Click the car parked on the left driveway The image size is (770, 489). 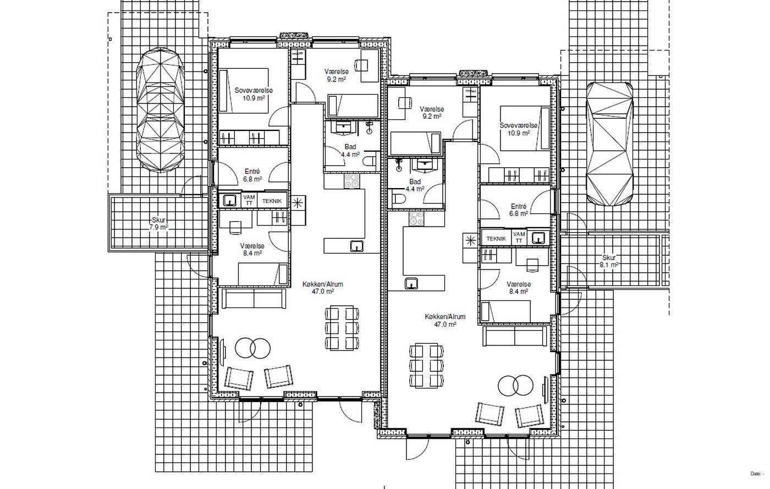[160, 110]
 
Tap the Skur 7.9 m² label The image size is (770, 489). [159, 223]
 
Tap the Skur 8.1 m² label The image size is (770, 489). [609, 261]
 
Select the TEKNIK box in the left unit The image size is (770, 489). [272, 201]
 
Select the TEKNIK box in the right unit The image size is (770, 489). [496, 239]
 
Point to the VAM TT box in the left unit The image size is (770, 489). [249, 200]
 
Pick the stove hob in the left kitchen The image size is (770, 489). [351, 181]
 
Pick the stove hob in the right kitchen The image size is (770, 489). [416, 219]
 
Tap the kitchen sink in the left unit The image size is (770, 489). [357, 246]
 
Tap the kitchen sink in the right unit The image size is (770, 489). [411, 283]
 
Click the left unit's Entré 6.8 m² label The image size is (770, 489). [252, 175]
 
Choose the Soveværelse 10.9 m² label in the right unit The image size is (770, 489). [518, 129]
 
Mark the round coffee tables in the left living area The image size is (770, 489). [252, 348]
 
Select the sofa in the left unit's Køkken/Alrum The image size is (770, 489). [254, 299]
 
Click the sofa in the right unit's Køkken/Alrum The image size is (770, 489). [515, 336]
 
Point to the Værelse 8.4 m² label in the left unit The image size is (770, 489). [252, 250]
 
